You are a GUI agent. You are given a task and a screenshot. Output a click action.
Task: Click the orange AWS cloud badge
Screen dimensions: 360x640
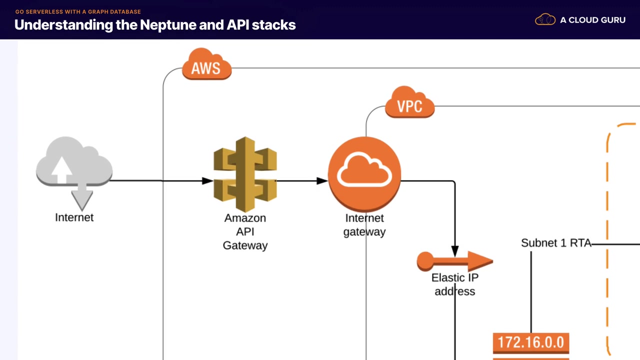point(206,65)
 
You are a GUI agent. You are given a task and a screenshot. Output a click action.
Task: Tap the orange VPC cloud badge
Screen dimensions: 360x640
point(409,103)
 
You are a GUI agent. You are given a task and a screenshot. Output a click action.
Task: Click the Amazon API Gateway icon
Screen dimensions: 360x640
point(245,174)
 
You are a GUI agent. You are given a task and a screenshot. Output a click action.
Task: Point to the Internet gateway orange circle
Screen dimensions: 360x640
point(364,173)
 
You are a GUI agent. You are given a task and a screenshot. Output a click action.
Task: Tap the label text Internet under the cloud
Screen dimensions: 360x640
point(74,217)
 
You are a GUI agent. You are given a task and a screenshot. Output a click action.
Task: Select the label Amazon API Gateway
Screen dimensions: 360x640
point(245,231)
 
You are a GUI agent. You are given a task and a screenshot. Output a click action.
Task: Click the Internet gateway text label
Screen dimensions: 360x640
point(364,225)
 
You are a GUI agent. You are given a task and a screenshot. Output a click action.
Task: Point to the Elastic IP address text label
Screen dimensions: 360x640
point(455,284)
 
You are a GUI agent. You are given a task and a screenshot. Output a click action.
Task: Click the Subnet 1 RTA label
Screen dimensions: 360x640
point(556,243)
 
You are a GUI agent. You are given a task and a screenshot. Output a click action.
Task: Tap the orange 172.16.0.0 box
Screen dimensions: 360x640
point(531,343)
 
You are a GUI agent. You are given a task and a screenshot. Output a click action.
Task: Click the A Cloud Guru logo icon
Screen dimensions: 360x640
point(545,20)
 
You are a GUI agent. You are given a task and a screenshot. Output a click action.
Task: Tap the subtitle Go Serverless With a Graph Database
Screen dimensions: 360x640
point(78,11)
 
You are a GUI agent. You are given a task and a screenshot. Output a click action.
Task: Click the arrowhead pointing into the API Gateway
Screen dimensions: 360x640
point(207,181)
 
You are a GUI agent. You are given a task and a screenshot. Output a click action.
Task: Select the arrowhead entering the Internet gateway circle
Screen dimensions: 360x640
point(322,181)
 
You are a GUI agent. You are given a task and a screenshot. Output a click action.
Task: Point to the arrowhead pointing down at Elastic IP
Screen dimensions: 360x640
point(455,251)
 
